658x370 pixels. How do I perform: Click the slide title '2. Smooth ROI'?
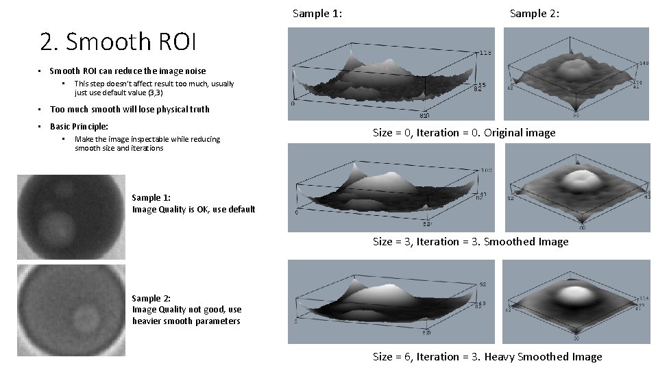point(118,42)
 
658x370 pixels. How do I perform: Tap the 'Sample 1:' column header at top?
point(317,13)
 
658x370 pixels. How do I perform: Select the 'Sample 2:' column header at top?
point(535,13)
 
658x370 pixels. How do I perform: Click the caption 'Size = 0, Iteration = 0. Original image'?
point(464,133)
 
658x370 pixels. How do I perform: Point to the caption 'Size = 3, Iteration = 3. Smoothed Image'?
point(470,241)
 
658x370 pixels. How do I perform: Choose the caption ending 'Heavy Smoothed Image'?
point(487,356)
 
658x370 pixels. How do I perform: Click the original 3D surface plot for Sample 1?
point(391,74)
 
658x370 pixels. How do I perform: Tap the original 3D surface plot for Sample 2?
point(576,74)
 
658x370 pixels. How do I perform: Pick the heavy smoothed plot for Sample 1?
point(391,301)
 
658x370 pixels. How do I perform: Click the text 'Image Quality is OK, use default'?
point(193,210)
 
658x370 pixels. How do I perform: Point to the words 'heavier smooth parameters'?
point(186,321)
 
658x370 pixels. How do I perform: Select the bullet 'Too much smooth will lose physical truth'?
point(130,110)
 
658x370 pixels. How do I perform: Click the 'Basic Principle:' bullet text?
point(79,127)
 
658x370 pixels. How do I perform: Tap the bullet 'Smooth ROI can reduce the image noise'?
point(127,71)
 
